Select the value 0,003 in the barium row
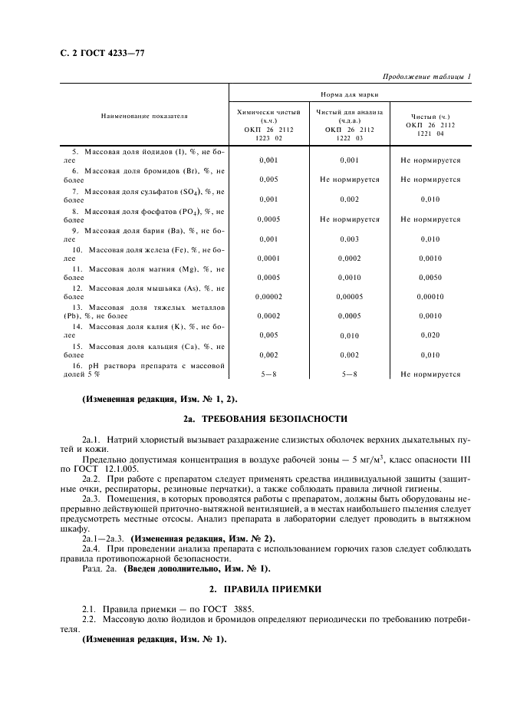(x=349, y=239)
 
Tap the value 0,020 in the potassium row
(x=430, y=335)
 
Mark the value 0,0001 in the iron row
(x=268, y=259)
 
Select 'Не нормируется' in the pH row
(x=430, y=374)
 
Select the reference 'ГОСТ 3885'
(x=201, y=607)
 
